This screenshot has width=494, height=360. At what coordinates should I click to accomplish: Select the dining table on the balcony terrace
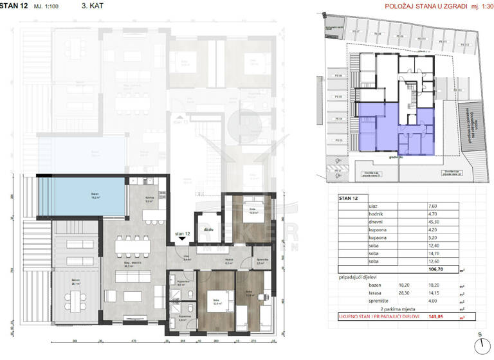click(x=76, y=296)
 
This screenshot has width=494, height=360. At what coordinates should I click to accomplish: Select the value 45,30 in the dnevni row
click(x=432, y=224)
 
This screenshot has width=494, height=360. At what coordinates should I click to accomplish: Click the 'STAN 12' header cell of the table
click(x=351, y=197)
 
